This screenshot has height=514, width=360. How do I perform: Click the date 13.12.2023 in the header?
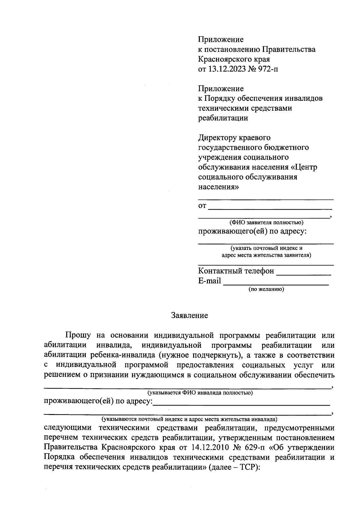[229, 69]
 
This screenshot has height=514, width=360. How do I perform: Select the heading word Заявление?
[189, 315]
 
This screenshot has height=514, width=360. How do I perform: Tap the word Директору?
[217, 138]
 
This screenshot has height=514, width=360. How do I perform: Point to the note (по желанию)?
[266, 289]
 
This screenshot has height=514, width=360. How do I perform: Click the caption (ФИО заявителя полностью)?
[266, 223]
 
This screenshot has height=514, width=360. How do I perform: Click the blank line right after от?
[270, 208]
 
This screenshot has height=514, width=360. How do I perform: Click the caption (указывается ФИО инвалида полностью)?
[199, 393]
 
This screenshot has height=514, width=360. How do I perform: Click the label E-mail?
[209, 281]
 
